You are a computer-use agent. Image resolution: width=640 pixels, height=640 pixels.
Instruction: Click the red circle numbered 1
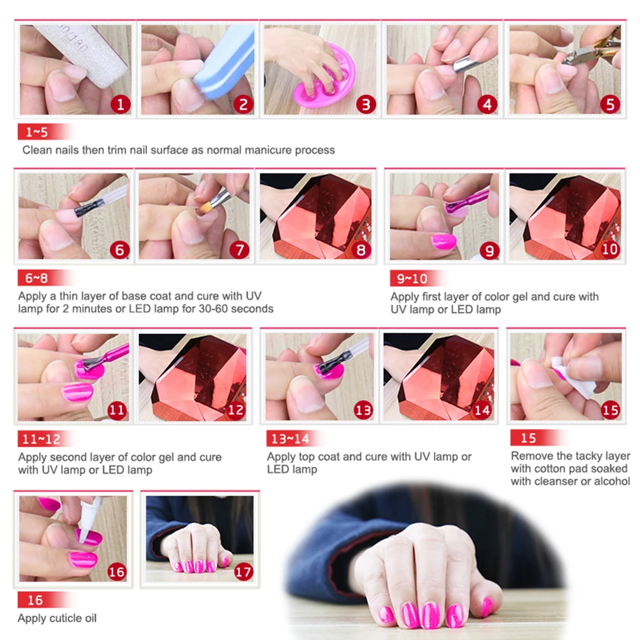[x=120, y=103]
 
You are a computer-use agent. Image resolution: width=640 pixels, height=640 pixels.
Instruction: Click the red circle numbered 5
[x=610, y=103]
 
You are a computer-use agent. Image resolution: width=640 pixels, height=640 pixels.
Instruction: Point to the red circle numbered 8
[x=361, y=250]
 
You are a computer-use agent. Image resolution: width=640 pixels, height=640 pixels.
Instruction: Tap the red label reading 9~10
[x=411, y=278]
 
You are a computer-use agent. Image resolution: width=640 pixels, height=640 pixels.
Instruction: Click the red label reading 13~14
[x=288, y=438]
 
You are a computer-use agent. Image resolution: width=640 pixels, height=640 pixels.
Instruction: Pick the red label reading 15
[x=528, y=438]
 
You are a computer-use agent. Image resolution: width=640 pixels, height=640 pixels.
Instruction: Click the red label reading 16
[x=35, y=599]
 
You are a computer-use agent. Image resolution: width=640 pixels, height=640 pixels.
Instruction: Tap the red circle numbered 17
[x=243, y=572]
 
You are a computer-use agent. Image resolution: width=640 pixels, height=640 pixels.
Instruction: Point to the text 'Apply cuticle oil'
[x=57, y=618]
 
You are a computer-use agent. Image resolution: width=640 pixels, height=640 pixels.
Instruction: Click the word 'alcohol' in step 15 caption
[x=611, y=481]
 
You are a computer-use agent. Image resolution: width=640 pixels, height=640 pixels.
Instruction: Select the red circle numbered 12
[x=236, y=411]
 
